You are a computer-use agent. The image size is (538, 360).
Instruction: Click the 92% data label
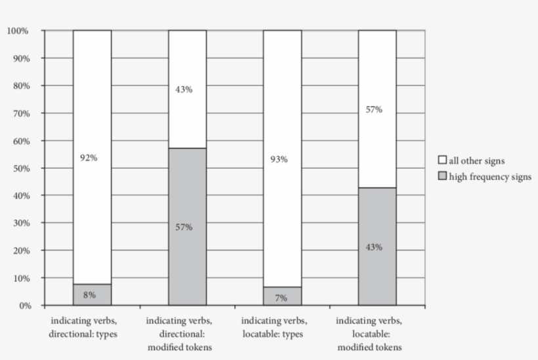[x=89, y=158]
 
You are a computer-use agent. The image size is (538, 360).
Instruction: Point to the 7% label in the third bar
[x=281, y=298]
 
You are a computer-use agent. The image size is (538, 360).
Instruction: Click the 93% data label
[x=279, y=159]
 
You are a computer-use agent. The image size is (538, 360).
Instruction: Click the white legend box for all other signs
[x=442, y=160]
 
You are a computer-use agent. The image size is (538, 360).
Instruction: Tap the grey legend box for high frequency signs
[x=442, y=177]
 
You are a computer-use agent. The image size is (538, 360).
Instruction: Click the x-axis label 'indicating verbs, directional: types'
[x=92, y=327]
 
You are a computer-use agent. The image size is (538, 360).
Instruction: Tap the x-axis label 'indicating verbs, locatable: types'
[x=282, y=327]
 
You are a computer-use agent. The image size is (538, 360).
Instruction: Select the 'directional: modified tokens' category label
[x=187, y=334]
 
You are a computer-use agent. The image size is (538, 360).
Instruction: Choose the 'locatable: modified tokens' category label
[x=377, y=334]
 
